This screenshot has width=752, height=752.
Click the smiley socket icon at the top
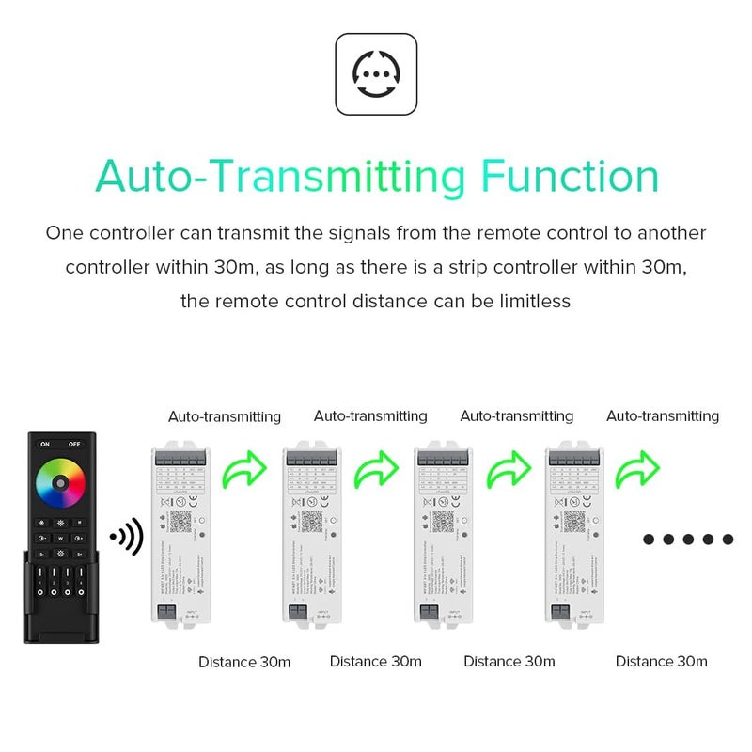[375, 73]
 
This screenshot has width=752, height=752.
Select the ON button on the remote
[44, 445]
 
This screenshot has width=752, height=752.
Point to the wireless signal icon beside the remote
[126, 537]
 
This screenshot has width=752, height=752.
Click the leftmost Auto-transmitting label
[225, 416]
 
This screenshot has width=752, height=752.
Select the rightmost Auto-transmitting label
[662, 416]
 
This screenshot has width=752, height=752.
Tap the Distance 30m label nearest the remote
[244, 662]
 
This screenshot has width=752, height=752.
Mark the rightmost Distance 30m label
[661, 662]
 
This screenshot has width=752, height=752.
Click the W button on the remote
[60, 539]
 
